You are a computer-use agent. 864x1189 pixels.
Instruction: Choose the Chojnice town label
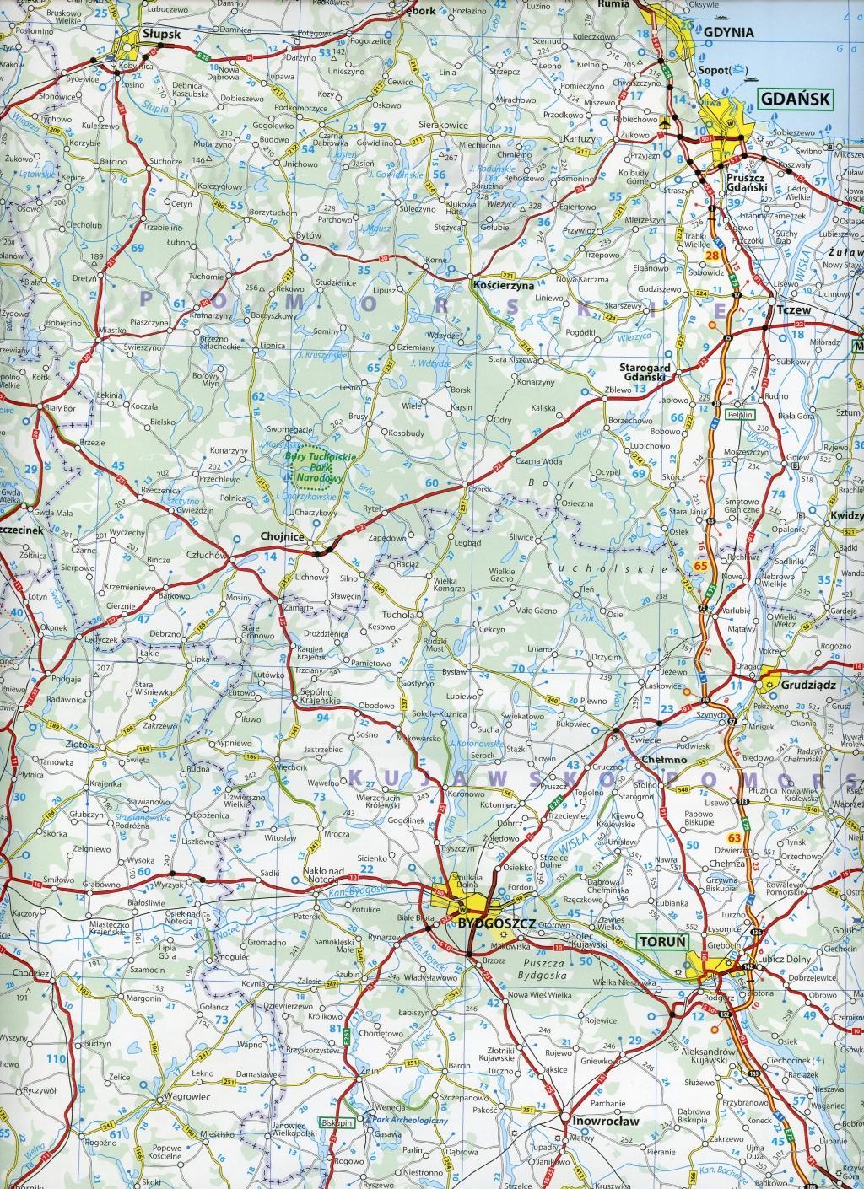(281, 535)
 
